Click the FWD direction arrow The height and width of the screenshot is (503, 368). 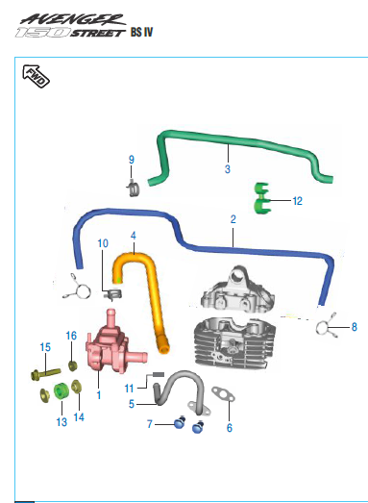click(36, 76)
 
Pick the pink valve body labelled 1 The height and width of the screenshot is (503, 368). click(112, 345)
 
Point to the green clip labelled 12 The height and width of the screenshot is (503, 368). click(262, 198)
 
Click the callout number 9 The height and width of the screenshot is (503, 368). click(131, 160)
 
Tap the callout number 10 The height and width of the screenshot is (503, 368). click(103, 243)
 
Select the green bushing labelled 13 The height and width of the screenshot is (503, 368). click(61, 391)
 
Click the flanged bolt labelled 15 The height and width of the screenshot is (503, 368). click(45, 374)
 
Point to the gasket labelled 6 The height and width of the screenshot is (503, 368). click(223, 394)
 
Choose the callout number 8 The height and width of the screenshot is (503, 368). click(354, 327)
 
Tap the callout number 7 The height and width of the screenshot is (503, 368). click(149, 424)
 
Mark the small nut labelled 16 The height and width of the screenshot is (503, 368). click(73, 365)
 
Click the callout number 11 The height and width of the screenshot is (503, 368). click(129, 389)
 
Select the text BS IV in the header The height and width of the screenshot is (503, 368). click(141, 33)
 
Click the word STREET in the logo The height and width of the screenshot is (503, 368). click(97, 33)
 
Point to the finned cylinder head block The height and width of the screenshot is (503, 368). click(235, 343)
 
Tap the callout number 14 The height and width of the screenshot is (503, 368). click(79, 417)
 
